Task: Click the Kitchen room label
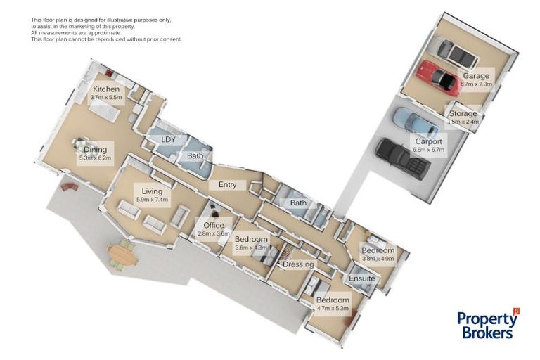pos(106,89)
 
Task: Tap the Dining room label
pos(96,150)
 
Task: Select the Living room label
pos(152,191)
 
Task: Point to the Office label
pos(214,225)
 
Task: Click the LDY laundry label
pos(169,139)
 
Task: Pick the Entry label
pos(228,185)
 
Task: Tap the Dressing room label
pos(298,264)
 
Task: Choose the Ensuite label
pos(361,278)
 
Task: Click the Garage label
pos(476,76)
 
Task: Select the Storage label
pos(463,113)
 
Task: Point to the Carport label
pos(428,141)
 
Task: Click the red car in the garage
pos(437,78)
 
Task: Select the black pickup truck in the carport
pos(403,159)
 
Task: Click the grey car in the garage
pos(457,53)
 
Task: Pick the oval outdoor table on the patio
pos(122,255)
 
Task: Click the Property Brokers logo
pos(488,324)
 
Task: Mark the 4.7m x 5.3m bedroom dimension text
pos(333,309)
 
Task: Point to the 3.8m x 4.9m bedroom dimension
pos(378,258)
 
